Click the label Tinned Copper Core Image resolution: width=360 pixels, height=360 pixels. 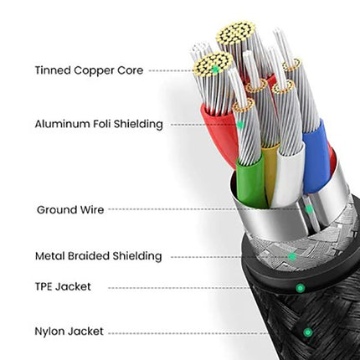click(89, 70)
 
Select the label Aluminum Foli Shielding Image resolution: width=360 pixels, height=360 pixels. click(99, 124)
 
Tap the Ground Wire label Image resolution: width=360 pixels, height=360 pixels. click(70, 210)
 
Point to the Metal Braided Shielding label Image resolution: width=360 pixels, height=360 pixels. click(99, 256)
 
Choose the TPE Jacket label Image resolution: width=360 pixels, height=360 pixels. click(63, 286)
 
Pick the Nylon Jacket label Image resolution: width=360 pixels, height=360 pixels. click(69, 332)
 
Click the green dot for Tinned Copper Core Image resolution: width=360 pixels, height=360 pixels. click(215, 69)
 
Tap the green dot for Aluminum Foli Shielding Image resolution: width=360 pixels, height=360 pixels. click(240, 125)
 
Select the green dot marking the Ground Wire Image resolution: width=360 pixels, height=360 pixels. click(309, 209)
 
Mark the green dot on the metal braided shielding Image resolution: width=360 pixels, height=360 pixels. click(292, 256)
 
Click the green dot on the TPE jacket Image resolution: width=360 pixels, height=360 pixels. click(300, 288)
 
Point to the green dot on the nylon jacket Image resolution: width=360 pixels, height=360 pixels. click(307, 332)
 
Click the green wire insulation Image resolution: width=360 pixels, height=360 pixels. click(251, 183)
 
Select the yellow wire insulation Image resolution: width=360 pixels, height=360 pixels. click(270, 170)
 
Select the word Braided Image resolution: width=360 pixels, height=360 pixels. click(89, 256)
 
